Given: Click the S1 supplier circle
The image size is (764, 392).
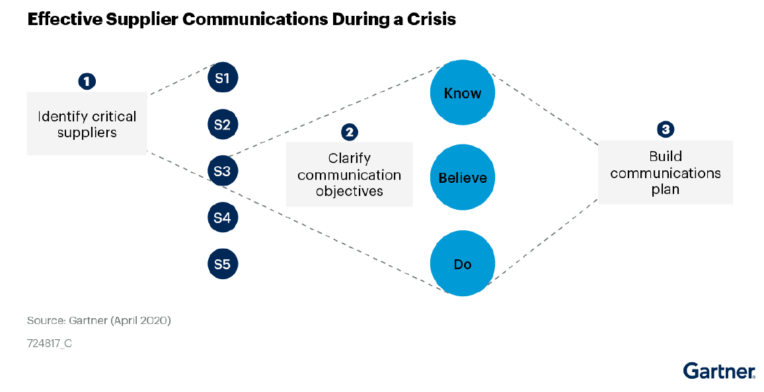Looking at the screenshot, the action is [x=223, y=78].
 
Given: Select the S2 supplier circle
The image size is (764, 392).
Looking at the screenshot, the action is [x=223, y=125].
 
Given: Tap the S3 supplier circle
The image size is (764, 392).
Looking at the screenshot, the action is [x=223, y=171].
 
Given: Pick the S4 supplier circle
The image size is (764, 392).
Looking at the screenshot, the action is [x=223, y=217].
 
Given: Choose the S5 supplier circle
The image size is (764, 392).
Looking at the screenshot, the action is [x=223, y=264].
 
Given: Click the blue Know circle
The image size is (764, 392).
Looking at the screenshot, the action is [x=463, y=93].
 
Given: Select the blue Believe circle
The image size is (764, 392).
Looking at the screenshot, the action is [x=463, y=178].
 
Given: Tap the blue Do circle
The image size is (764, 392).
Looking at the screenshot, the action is [x=463, y=263].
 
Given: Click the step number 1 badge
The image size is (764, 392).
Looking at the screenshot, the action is [x=87, y=81].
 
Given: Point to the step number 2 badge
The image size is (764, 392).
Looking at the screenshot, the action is [x=350, y=132].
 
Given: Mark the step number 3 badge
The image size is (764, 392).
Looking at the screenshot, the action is [x=666, y=129].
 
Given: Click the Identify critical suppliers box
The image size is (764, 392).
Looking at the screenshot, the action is [x=87, y=123].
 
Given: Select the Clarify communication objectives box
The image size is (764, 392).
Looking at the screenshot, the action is [x=350, y=174].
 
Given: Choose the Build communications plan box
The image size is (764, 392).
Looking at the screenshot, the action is [x=666, y=172].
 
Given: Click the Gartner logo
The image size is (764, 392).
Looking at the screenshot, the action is [x=719, y=371].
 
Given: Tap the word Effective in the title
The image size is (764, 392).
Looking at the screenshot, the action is [x=64, y=19].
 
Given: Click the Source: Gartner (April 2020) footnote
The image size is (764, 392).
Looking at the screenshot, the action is [x=99, y=321].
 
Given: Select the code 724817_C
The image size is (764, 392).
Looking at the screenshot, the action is [x=49, y=343].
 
